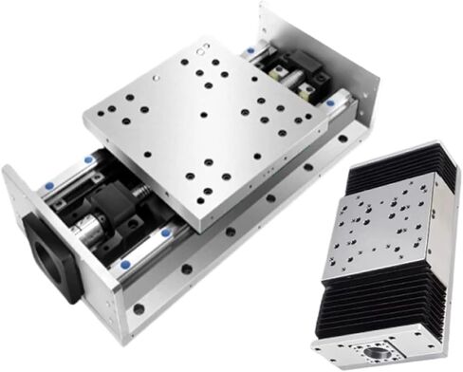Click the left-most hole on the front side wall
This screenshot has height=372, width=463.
(x=139, y=309)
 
